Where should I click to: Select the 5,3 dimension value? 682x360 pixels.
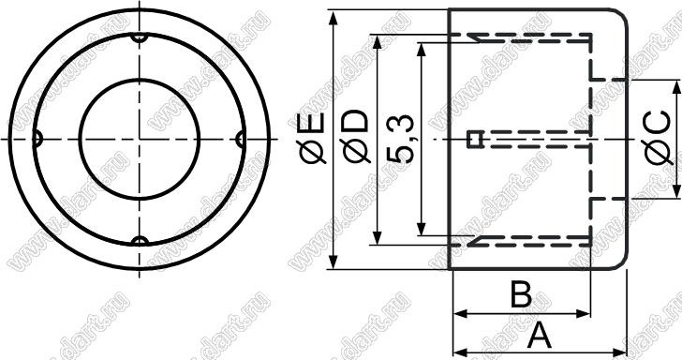pos(400,139)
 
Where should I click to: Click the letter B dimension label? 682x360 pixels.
pos(521,294)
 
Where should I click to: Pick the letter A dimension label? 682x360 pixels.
pos(540,336)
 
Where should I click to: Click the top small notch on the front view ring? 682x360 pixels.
pos(140,37)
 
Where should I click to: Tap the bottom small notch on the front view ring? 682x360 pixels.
pos(140,241)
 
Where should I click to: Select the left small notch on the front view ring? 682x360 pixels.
pos(37,140)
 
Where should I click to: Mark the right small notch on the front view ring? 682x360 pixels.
pos(241,140)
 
